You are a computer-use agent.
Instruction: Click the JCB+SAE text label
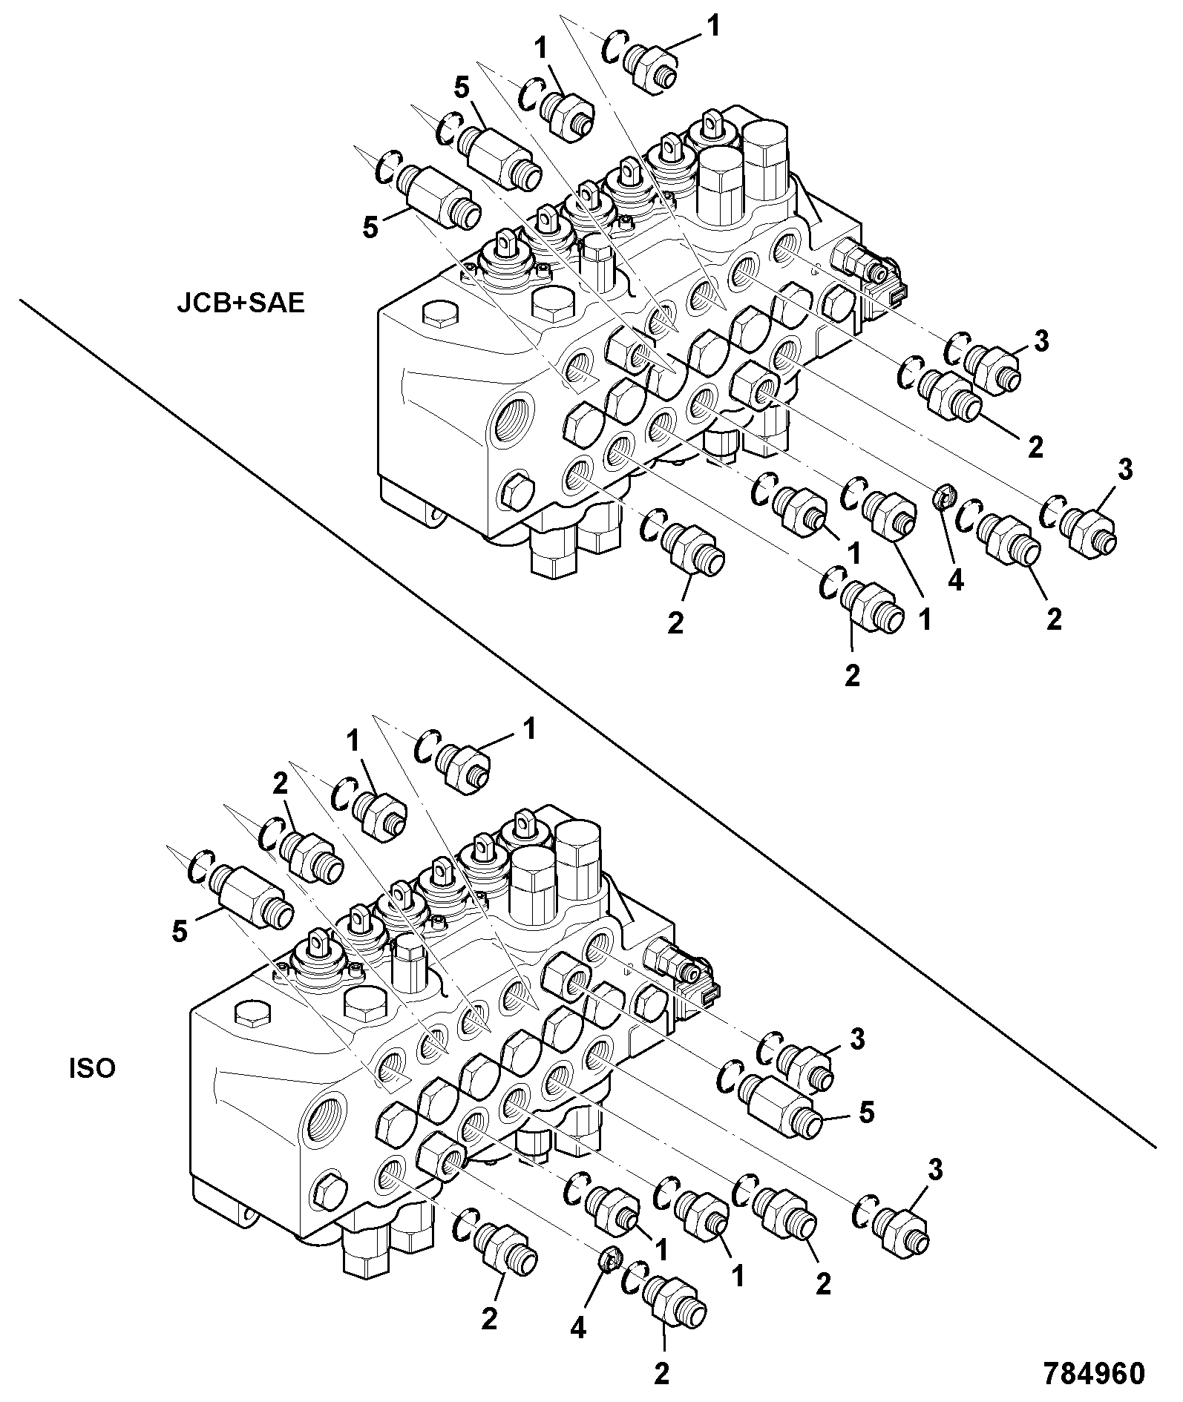click(240, 305)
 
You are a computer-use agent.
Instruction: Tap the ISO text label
click(92, 1070)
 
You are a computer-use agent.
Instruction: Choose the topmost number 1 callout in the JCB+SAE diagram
click(713, 27)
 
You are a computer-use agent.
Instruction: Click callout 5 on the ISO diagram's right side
click(866, 1111)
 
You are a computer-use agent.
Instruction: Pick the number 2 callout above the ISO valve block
click(280, 786)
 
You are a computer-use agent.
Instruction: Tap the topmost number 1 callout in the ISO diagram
click(529, 728)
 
